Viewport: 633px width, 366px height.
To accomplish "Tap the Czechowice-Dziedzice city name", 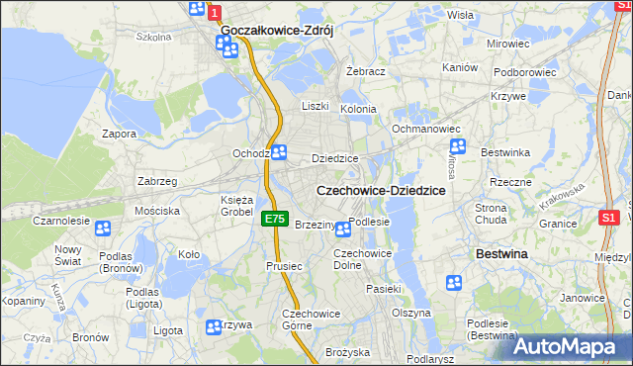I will [x=380, y=190].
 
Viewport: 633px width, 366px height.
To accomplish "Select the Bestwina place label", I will [x=501, y=254].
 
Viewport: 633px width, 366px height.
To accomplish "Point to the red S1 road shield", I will [x=609, y=217].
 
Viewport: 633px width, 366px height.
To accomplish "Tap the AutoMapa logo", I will [x=571, y=346].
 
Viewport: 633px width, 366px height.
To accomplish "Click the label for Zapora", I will [x=120, y=134].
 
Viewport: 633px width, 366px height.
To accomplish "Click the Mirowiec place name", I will [x=508, y=45].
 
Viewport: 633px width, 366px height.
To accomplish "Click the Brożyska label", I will [x=347, y=352].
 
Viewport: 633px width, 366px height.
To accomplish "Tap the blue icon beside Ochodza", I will [x=279, y=152].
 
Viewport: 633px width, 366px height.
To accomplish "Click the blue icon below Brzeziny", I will [x=342, y=230].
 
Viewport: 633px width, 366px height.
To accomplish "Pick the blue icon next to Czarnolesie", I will [x=103, y=229].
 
